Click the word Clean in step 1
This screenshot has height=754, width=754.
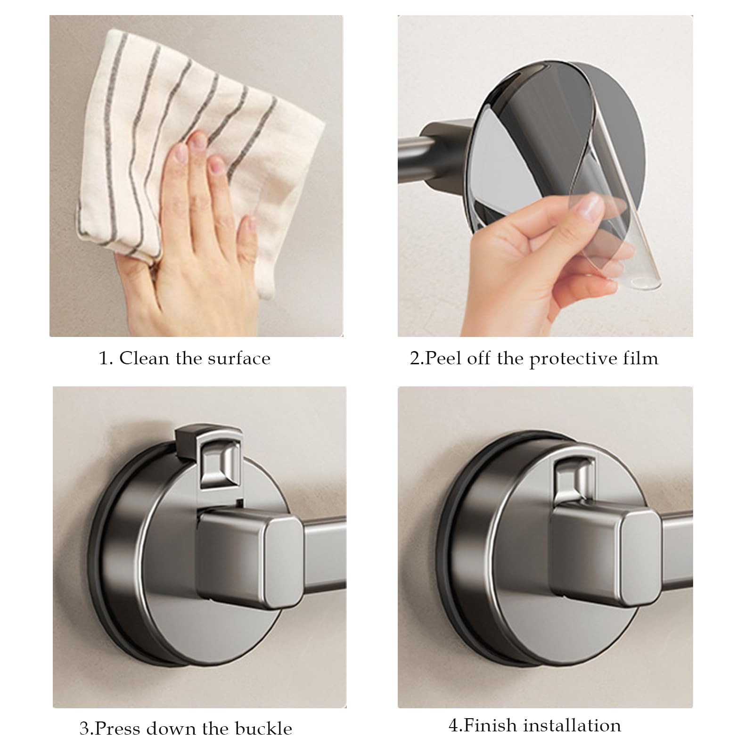[x=145, y=359]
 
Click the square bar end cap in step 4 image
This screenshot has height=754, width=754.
[x=639, y=556]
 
